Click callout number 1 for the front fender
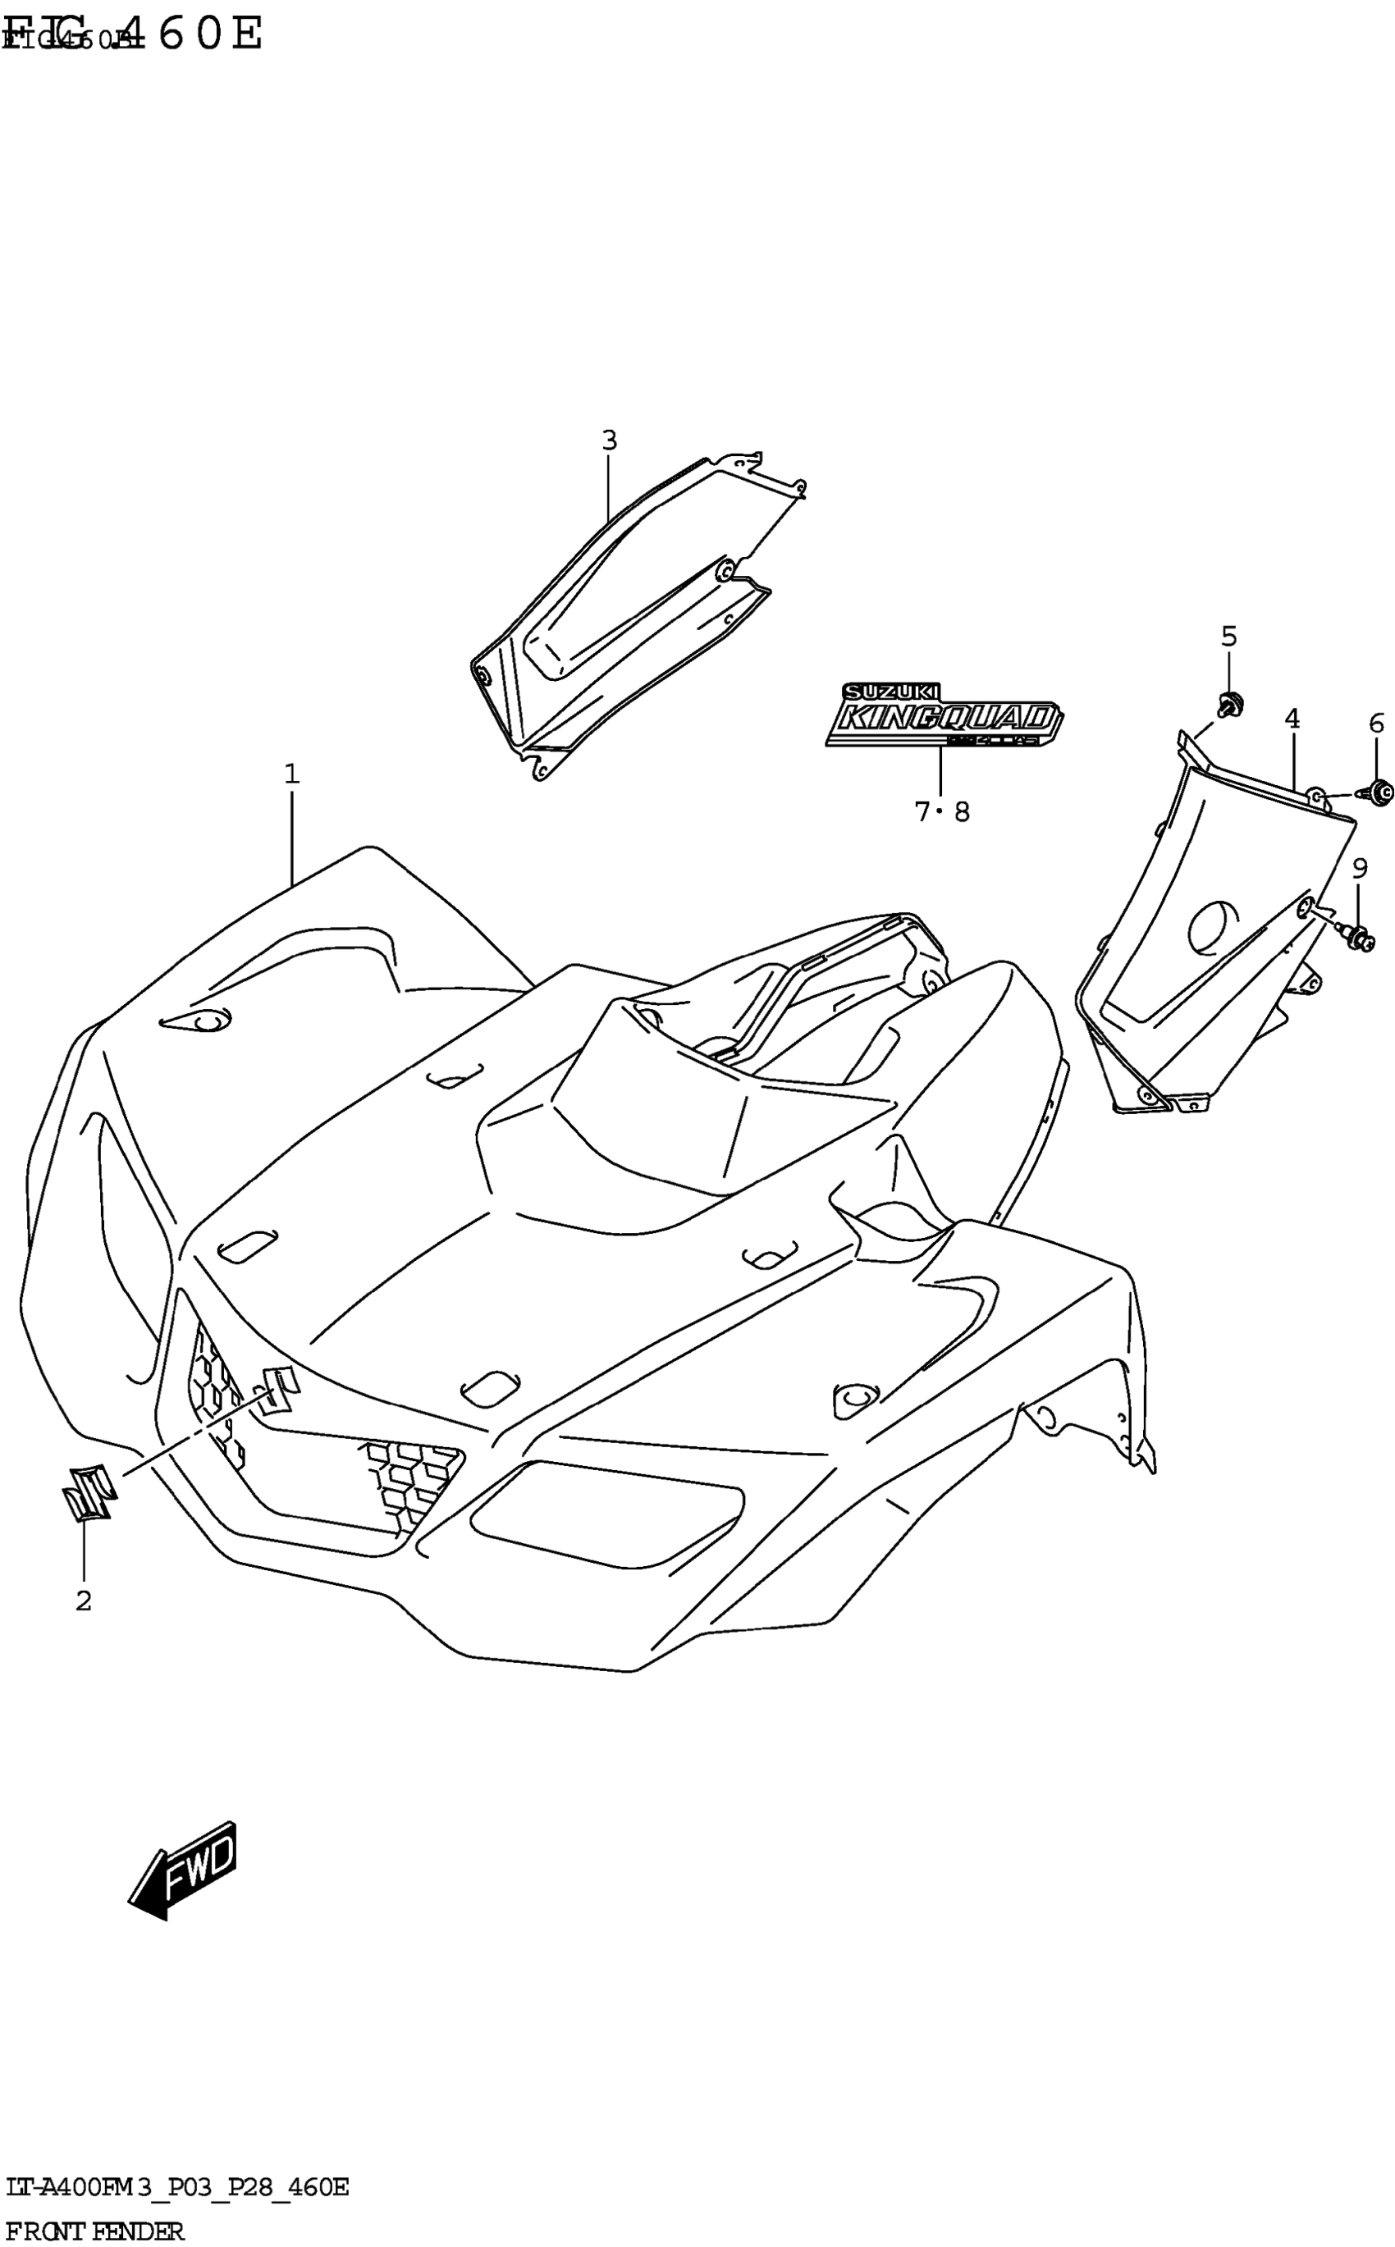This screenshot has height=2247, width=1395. [291, 774]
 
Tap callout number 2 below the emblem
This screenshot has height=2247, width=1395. [84, 1601]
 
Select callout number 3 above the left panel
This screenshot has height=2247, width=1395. [609, 441]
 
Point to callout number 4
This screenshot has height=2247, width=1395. [1292, 718]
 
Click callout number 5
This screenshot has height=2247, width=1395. [1229, 636]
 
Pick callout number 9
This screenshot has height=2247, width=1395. [1359, 867]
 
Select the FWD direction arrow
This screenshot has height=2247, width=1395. [184, 1870]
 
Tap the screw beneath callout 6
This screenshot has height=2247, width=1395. [1379, 791]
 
